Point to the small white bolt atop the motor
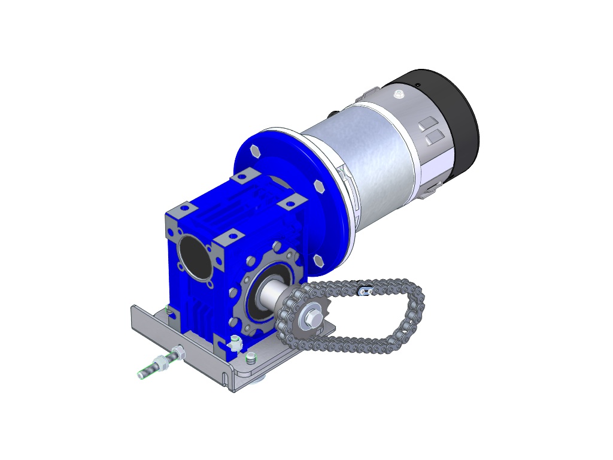point(399,93)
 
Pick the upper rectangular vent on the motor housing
point(427,124)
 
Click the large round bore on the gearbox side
point(194,256)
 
